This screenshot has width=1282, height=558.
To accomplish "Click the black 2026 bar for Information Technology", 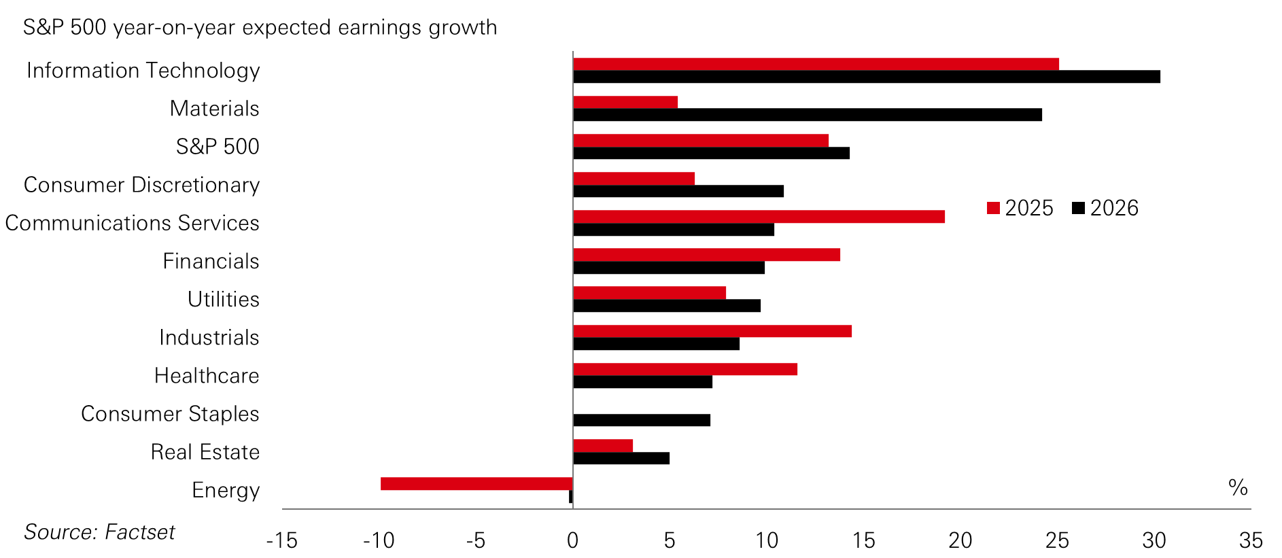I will pos(866,77).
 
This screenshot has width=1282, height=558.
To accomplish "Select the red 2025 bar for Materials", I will pos(625,102).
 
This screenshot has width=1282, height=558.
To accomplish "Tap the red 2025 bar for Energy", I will pos(476,484).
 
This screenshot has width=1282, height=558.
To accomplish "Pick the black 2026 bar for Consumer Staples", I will pos(642,420).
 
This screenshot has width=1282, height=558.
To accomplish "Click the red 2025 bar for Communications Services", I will pos(759,217).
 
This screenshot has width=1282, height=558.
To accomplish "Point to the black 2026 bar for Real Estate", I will pos(621,458).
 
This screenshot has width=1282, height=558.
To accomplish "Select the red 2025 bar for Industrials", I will pos(712,331).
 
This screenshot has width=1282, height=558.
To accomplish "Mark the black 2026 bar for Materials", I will pos(808,115).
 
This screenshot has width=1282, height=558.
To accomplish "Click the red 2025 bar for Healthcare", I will pos(685,369).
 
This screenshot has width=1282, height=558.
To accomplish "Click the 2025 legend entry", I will pos(1020,208).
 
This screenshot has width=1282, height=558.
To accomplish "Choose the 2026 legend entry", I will pos(1105,208).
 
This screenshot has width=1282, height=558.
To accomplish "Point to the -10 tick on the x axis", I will pos(379,540).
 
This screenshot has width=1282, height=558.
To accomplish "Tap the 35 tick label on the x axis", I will pos(1250,540).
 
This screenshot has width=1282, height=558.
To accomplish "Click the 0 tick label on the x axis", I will pos(572,540).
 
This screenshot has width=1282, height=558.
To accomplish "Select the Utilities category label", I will pos(223,299).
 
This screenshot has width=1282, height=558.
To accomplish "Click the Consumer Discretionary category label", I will pos(141,185).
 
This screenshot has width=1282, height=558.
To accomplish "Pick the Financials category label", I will pos(211,261).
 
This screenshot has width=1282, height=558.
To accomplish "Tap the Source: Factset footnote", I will pos(99,531).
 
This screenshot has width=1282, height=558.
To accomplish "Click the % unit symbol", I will pos(1237,487).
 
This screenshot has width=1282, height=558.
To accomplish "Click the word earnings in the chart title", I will pos(380,28).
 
